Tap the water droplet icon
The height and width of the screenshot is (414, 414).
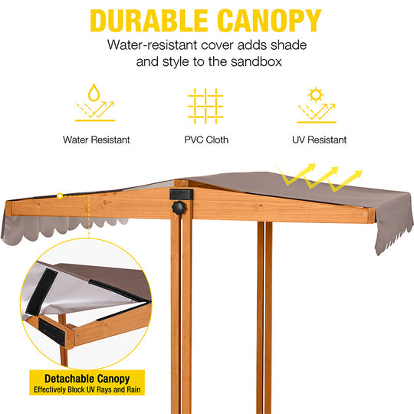click(x=95, y=94)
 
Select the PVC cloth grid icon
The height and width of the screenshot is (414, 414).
click(x=205, y=105)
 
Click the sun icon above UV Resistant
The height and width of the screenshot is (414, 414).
click(x=315, y=95)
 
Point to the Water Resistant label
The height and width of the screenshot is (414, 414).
click(x=96, y=140)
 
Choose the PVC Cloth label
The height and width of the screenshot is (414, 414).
click(x=205, y=140)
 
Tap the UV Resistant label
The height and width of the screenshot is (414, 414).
click(x=319, y=140)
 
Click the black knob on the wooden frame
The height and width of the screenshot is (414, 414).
click(x=179, y=208)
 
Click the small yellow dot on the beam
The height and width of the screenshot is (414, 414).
click(x=59, y=196)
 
